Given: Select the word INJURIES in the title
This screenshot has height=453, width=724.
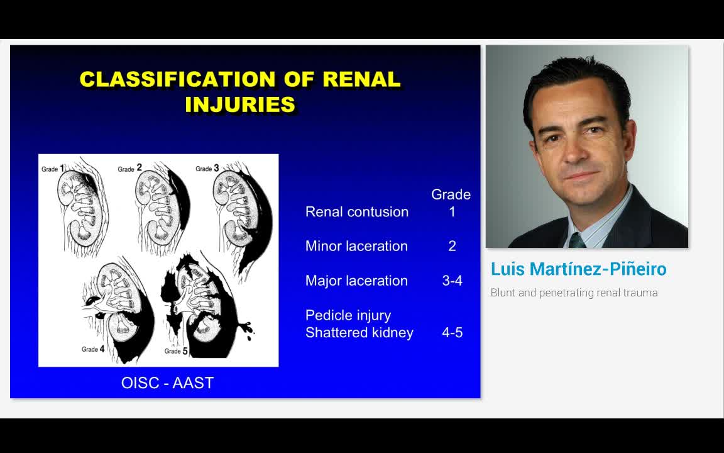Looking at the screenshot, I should pos(240,104).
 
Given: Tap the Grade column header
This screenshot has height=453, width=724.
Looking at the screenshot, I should pos(451,194).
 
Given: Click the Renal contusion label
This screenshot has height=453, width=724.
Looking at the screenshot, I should pos(356,212).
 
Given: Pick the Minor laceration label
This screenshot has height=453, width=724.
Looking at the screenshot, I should pos(356,246).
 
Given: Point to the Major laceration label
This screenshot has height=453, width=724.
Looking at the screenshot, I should pos(356,281).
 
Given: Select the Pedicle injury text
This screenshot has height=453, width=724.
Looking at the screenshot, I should pos(348,315).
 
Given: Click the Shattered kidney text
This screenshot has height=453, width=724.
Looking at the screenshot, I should pos(359,332).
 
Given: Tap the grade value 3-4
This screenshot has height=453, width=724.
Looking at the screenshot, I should pos(452,281).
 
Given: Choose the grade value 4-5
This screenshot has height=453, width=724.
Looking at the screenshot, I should pos(452,332).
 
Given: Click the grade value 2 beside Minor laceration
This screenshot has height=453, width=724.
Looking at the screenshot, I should pos(452,246).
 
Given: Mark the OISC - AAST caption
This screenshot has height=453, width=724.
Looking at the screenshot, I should pos(167,383).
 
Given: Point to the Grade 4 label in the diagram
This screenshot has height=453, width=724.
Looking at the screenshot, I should pos(92,349).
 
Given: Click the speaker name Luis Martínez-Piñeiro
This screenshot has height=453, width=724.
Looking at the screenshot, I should pos(578,269).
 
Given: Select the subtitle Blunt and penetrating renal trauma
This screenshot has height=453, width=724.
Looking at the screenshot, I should pos(574,293).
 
